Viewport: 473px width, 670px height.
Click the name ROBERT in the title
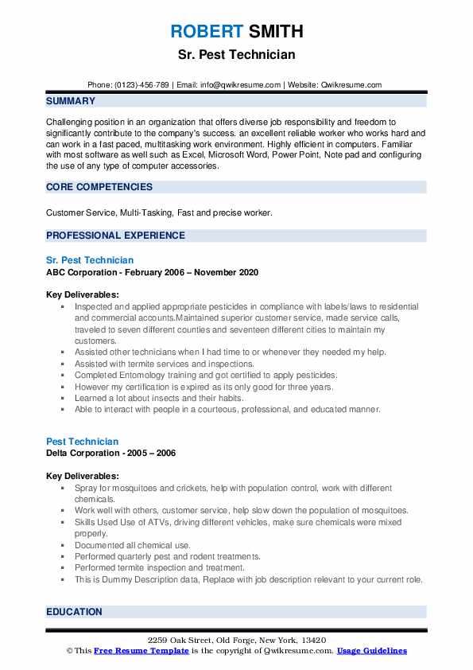(205, 32)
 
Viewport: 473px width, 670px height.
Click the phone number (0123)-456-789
(142, 85)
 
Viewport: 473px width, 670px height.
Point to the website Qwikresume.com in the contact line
(352, 85)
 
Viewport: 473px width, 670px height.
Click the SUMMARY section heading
(71, 101)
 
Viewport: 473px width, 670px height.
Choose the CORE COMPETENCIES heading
(99, 187)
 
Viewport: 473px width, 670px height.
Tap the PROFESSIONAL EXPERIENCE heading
(115, 236)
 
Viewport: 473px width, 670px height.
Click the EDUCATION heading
(74, 612)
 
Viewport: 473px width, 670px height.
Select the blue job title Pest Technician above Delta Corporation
(82, 442)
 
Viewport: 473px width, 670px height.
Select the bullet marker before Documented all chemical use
(63, 545)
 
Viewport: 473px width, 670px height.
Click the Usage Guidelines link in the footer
(371, 651)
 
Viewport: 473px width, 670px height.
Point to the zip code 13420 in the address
(313, 641)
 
